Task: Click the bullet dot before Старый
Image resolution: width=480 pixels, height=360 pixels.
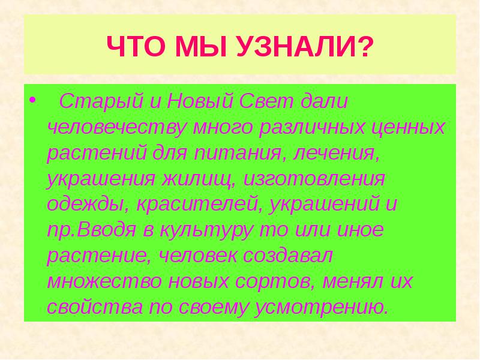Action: point(32,99)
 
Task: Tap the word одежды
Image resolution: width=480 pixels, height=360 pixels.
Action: point(85,205)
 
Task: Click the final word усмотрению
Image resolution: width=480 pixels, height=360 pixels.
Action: point(330,308)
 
